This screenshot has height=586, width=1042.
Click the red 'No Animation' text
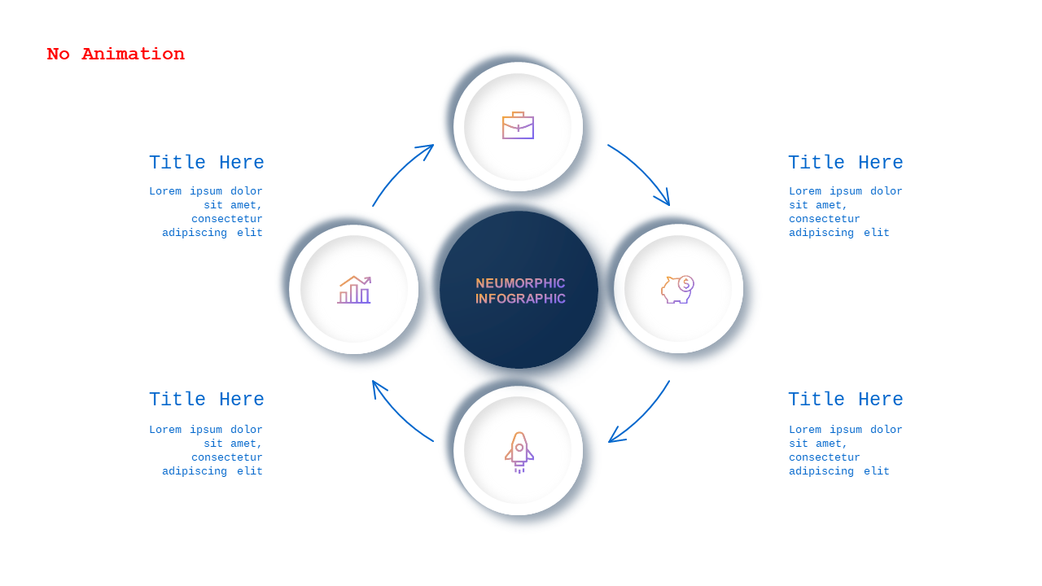116,54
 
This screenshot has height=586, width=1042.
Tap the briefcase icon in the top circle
519,125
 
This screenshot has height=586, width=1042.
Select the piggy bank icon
678,289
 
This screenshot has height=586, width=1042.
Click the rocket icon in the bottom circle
519,452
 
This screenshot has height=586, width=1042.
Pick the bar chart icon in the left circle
354,289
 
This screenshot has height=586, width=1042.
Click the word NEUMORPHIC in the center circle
520,283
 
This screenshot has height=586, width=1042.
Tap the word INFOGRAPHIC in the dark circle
520,299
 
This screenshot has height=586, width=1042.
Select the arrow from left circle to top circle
399,171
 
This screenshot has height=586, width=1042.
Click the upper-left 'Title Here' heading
207,162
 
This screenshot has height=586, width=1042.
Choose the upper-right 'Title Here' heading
846,162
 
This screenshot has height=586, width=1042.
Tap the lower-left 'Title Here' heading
207,399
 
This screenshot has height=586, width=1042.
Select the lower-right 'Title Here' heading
846,399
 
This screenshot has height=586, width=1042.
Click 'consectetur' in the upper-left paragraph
227,219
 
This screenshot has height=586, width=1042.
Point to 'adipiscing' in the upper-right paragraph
821,233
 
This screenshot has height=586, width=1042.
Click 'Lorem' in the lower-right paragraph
805,429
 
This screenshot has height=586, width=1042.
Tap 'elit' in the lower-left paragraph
250,471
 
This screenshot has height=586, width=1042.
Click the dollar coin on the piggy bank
686,283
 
